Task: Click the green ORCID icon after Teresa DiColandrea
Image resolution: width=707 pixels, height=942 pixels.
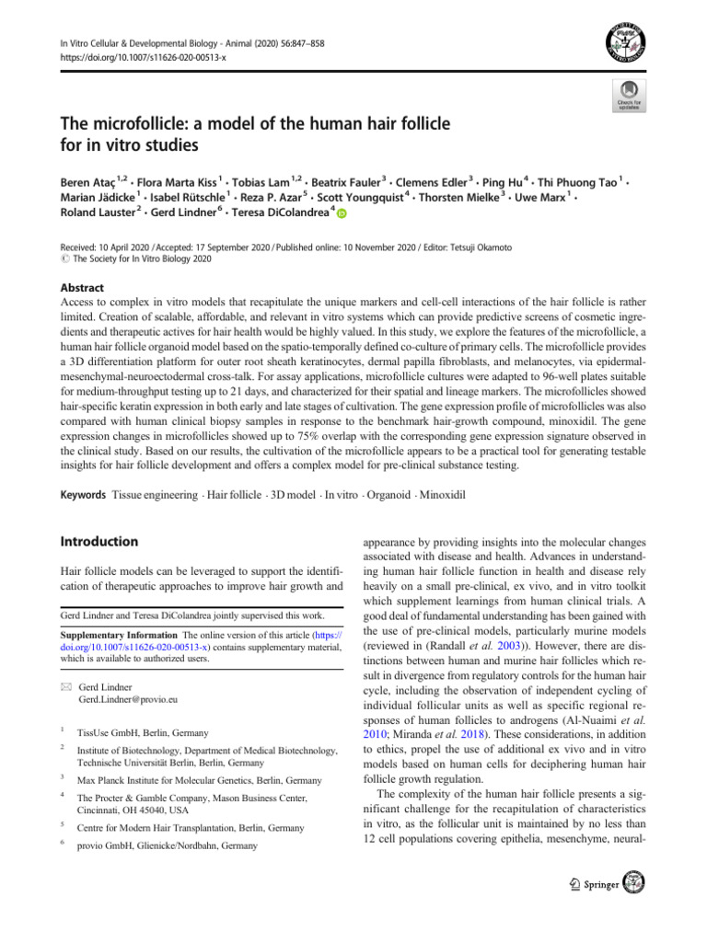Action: coord(342,214)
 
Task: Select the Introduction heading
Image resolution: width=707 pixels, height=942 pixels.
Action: coord(99,542)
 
